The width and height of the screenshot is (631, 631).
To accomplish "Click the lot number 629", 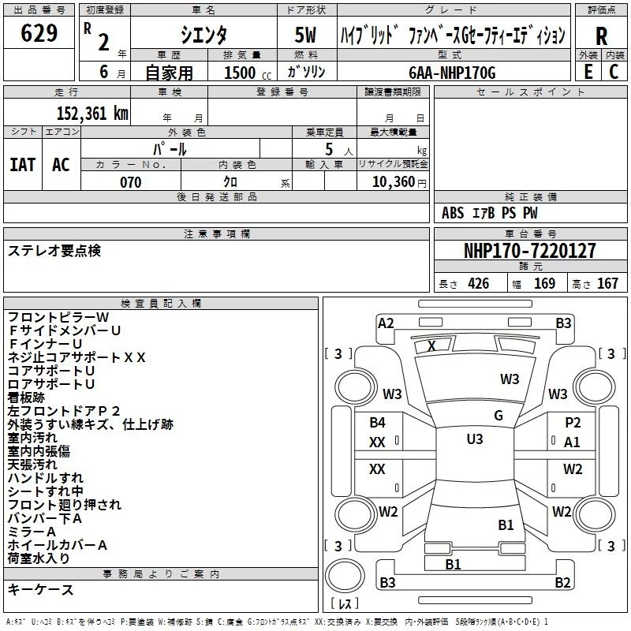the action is coord(39,34).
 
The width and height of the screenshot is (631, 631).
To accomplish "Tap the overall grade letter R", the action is coord(601,35).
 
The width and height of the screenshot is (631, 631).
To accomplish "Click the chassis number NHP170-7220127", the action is coord(530,251).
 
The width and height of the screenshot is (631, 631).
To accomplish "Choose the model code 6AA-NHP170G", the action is coord(452,73).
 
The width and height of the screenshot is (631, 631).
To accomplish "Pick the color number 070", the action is coord(130,182).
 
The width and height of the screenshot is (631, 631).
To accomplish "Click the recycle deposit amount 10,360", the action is coord(390,182).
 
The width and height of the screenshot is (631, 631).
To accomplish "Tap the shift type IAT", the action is coord(22,165).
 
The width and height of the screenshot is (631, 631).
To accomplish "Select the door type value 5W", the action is coord(305,35).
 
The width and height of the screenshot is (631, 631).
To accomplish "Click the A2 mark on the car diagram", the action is coord(386,323).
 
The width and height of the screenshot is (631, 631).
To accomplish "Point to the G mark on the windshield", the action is coord(498,416).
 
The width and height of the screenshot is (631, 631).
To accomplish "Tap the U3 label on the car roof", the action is coord(475,439).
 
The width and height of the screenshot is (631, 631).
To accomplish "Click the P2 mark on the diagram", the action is coord(573,423).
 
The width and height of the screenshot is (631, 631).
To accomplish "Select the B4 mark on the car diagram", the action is coord(378,423).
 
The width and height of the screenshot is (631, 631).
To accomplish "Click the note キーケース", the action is coord(41,589).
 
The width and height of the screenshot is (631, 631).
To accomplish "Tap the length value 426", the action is coord(478,284).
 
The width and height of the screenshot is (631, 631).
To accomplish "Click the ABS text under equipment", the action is coord(453,212).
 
